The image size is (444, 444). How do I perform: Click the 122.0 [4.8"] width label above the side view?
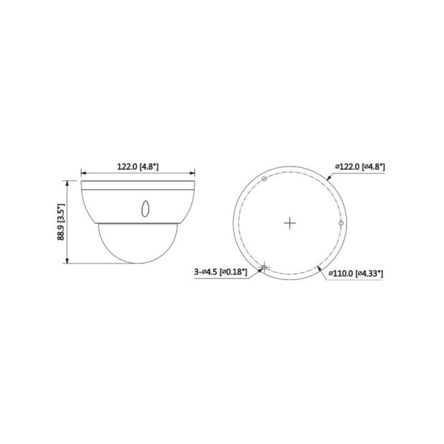pos(138,166)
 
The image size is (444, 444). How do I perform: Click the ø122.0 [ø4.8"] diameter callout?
pos(360,166)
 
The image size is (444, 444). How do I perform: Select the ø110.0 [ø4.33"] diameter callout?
pos(356,273)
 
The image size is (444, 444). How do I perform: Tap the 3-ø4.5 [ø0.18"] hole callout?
pos(221,272)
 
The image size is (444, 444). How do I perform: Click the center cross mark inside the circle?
pos(289,223)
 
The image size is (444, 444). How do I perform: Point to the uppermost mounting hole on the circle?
pos(264,178)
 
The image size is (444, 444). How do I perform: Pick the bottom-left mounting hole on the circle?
pos(264,268)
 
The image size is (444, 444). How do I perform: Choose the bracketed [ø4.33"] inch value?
pos(370,273)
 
